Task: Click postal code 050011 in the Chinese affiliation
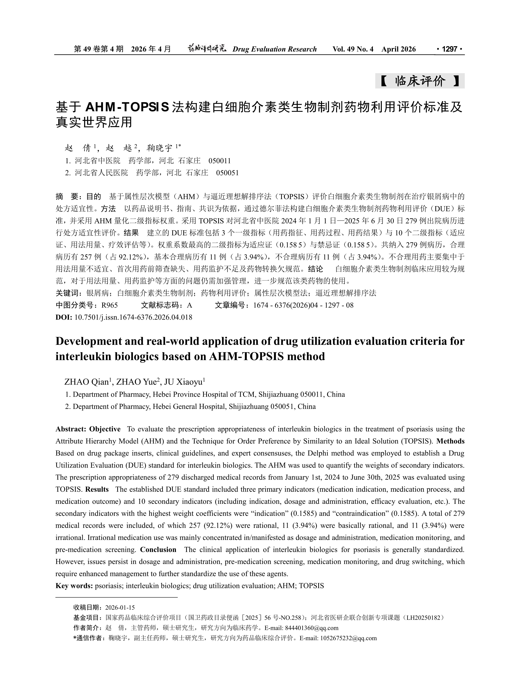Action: [220, 161]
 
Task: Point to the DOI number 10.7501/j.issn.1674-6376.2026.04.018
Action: [133, 317]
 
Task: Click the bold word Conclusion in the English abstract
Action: [158, 550]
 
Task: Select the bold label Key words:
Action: [74, 586]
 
